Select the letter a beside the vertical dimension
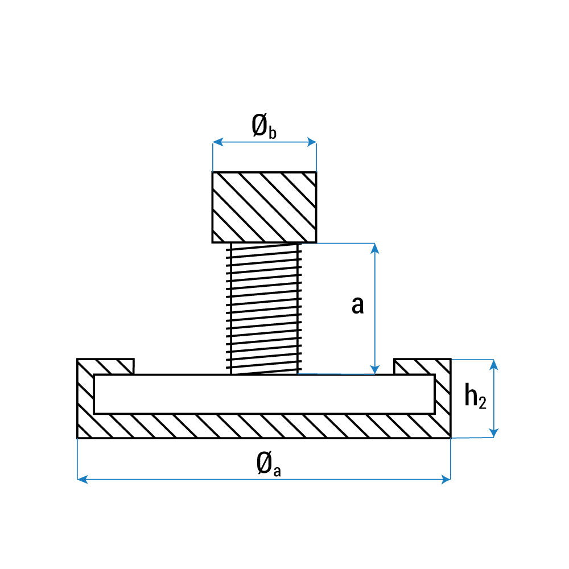357,306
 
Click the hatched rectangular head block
264,207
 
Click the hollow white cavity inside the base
264,394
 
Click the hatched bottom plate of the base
264,426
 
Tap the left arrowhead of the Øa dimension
81,480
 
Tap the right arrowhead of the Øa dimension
446,480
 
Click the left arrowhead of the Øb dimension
217,142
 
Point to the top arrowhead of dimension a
374,248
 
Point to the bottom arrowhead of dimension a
374,370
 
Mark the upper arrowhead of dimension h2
494,364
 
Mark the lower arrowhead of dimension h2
494,433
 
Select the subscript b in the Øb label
273,133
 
